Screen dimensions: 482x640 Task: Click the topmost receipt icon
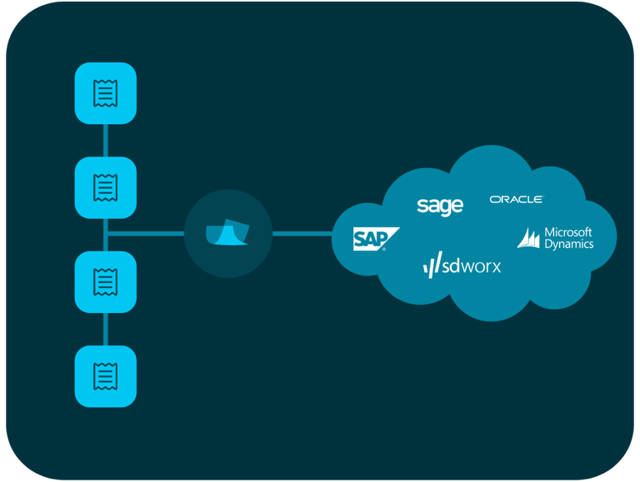pos(105,92)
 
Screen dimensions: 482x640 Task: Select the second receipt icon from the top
pos(105,187)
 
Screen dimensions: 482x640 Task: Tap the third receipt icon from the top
pos(105,281)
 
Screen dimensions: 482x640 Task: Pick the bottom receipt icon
pos(105,376)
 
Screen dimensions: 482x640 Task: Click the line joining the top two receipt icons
pos(105,140)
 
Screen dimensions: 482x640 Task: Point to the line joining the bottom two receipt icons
pos(105,329)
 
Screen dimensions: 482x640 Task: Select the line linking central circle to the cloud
pos(302,234)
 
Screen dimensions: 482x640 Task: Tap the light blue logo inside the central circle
pos(227,235)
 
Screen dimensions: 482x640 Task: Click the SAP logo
pos(372,239)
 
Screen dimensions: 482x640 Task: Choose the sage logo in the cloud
pos(439,206)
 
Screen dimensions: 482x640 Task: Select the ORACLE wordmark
pos(516,200)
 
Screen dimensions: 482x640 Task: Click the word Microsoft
pos(567,232)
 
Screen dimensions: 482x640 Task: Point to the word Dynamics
pos(568,245)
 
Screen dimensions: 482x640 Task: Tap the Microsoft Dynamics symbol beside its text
pos(529,238)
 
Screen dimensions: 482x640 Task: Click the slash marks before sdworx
pos(432,267)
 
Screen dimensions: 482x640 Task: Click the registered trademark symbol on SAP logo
pos(384,248)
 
